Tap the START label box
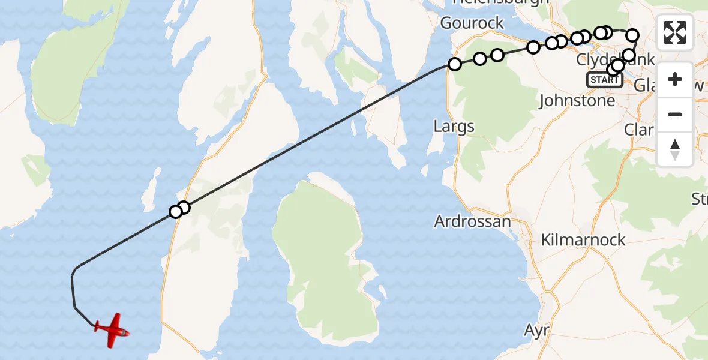pyautogui.click(x=604, y=80)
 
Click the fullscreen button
pyautogui.click(x=675, y=32)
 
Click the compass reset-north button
pyautogui.click(x=675, y=149)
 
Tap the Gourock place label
pyautogui.click(x=472, y=23)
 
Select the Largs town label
pyautogui.click(x=454, y=127)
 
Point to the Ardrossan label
pyautogui.click(x=472, y=221)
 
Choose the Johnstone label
pyautogui.click(x=577, y=100)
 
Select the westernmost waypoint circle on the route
pyautogui.click(x=176, y=211)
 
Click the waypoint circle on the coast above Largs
pyautogui.click(x=455, y=64)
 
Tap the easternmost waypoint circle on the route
pyautogui.click(x=632, y=35)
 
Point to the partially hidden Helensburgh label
pyautogui.click(x=501, y=2)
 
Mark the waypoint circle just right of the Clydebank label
pyautogui.click(x=628, y=56)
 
